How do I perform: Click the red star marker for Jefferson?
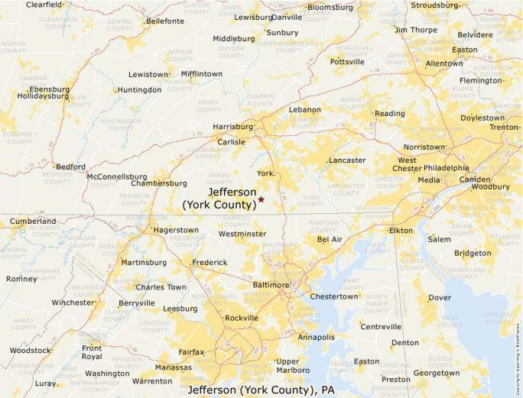pyautogui.click(x=261, y=199)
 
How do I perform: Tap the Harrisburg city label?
pyautogui.click(x=232, y=127)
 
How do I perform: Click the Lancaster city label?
pyautogui.click(x=347, y=160)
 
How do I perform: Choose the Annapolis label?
pyautogui.click(x=317, y=337)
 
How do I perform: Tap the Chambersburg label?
pyautogui.click(x=159, y=183)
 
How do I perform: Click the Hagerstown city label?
pyautogui.click(x=177, y=230)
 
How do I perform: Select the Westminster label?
pyautogui.click(x=242, y=234)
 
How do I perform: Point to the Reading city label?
pyautogui.click(x=390, y=114)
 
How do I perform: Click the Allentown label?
pyautogui.click(x=444, y=63)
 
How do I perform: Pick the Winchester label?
pyautogui.click(x=73, y=303)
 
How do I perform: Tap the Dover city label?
pyautogui.click(x=440, y=298)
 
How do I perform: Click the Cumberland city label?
pyautogui.click(x=33, y=222)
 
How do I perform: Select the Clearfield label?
pyautogui.click(x=44, y=5)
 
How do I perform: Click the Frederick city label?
pyautogui.click(x=210, y=263)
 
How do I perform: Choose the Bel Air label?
pyautogui.click(x=330, y=240)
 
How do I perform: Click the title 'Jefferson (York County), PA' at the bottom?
pyautogui.click(x=261, y=390)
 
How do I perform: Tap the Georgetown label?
pyautogui.click(x=437, y=374)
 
